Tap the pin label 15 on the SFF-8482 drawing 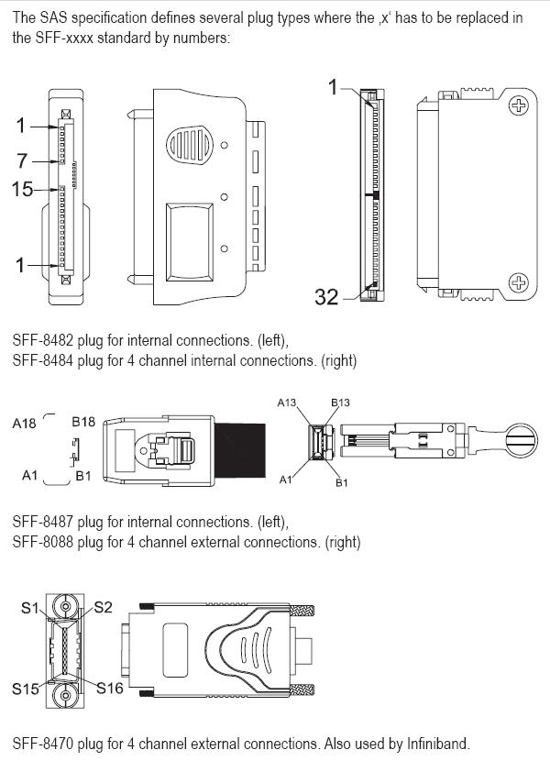[x=23, y=190]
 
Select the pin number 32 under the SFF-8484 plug [x=327, y=296]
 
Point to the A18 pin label [x=25, y=424]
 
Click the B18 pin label [x=83, y=423]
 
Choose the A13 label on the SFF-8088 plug [x=288, y=403]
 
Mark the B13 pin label [x=340, y=403]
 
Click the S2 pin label [x=103, y=607]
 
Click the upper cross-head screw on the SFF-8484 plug [x=519, y=106]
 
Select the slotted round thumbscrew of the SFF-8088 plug [x=518, y=445]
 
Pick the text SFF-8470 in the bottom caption [x=43, y=743]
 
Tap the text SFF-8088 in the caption [x=43, y=542]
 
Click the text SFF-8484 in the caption [x=43, y=360]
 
